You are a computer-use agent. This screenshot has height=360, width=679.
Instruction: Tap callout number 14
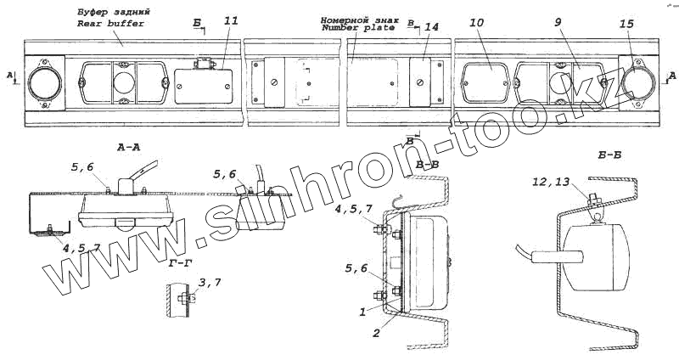[430, 27]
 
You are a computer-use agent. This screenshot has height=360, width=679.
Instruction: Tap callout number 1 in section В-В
[362, 312]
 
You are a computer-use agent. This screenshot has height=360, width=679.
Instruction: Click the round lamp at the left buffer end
[42, 83]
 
